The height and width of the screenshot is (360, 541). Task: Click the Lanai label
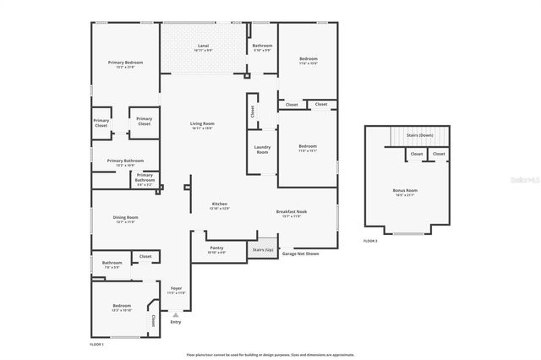click(203, 45)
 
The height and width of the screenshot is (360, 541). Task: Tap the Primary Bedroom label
click(125, 63)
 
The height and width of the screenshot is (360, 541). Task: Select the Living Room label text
click(202, 124)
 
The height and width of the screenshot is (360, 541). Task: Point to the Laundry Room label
click(262, 150)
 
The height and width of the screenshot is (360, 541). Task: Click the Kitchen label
click(220, 205)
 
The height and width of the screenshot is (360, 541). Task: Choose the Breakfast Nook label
click(292, 212)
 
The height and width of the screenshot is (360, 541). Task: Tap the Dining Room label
click(125, 218)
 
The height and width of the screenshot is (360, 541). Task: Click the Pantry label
click(216, 248)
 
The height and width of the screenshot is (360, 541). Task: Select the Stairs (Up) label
click(263, 250)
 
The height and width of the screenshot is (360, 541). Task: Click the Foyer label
click(176, 288)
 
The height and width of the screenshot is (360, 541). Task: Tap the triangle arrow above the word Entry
click(176, 314)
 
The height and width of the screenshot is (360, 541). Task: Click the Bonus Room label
click(405, 191)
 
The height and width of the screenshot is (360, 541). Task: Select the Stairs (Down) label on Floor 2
click(419, 134)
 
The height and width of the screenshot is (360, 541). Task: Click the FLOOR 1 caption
click(96, 344)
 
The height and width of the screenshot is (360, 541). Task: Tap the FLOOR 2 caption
click(370, 241)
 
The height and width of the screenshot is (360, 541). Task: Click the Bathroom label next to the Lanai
click(262, 46)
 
